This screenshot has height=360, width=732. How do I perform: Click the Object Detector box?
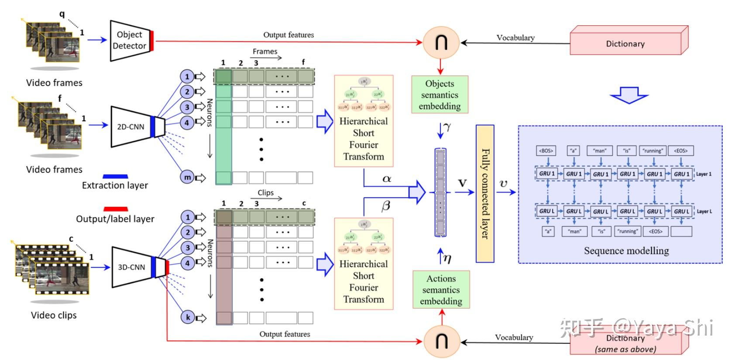[129, 40]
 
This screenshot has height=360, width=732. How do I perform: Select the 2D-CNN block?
[131, 127]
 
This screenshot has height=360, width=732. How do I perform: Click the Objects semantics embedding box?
[440, 95]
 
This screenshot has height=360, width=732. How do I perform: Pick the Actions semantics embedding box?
[441, 290]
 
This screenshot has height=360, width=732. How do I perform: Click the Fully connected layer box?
[485, 193]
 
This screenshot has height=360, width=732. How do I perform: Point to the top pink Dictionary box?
[625, 44]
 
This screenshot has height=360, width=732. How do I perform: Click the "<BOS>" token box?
[546, 151]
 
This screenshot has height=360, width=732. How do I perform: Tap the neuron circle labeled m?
[187, 177]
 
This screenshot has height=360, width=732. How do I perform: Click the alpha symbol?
[387, 178]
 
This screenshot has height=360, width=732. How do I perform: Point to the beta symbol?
[385, 206]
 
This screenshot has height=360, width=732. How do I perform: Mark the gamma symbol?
[446, 127]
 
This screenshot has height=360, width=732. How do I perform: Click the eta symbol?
[447, 258]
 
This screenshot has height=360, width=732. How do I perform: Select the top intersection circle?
[441, 42]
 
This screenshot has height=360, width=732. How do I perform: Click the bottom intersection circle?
[442, 341]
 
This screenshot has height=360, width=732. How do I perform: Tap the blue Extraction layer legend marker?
[115, 176]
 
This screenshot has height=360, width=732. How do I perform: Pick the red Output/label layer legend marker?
[116, 209]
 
